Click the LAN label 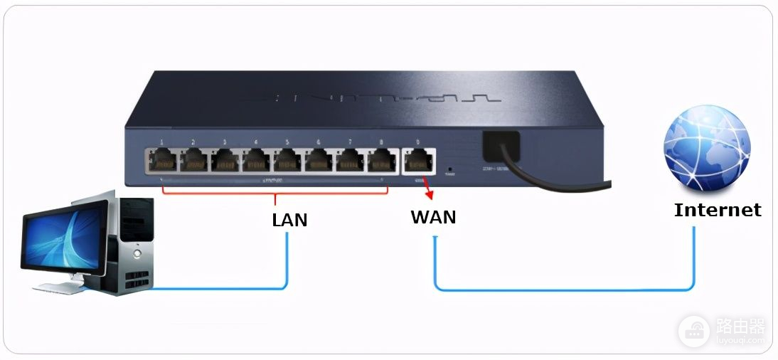289,220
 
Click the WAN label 433,217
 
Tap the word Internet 717,210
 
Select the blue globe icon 706,149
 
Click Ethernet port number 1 163,161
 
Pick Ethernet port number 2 194,161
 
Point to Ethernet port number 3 225,161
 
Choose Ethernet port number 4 257,161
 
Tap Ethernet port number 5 288,161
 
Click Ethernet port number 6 319,161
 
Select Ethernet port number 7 351,161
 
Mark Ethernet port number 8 382,161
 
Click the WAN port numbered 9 418,162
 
